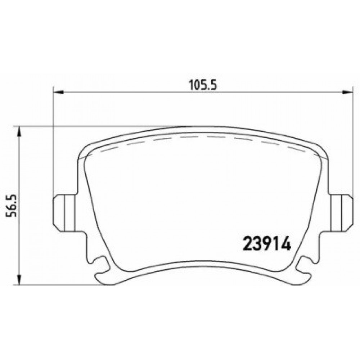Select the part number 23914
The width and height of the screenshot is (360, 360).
pyautogui.click(x=267, y=244)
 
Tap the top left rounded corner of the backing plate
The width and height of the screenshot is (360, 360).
pyautogui.click(x=84, y=149)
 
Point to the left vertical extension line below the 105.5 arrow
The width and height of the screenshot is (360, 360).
pyautogui.click(x=53, y=144)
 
